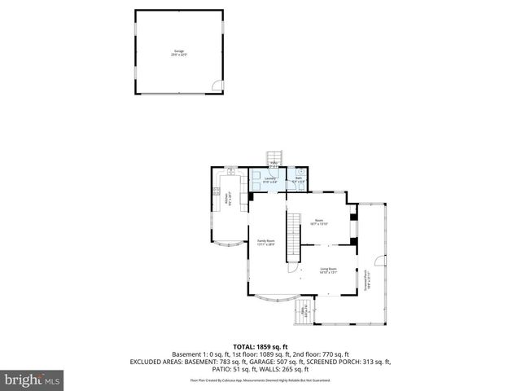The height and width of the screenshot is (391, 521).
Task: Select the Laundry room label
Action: point(270,179)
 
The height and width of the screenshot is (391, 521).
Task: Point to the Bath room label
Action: point(298,179)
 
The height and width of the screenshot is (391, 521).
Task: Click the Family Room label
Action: point(266,242)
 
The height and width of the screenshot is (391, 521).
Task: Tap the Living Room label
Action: point(328,270)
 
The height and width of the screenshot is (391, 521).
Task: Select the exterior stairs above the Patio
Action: point(276,156)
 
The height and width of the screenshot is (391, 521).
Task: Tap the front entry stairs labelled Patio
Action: point(305,310)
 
